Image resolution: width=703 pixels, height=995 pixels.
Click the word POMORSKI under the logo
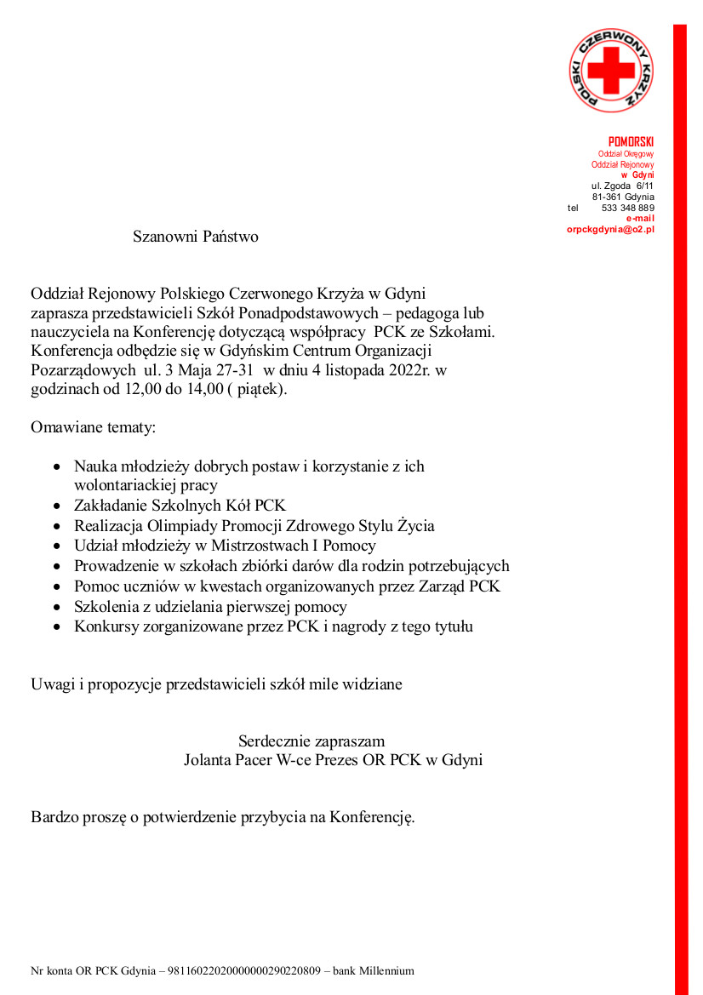pos(631,141)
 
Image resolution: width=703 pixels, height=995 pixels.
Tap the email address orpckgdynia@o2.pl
pos(610,230)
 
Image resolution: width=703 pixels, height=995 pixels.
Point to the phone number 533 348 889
pos(627,208)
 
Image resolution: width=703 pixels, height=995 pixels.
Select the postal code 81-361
pos(607,197)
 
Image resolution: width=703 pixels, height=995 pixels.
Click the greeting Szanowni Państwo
pos(195,237)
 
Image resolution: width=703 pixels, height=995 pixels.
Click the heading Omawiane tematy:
pos(94,427)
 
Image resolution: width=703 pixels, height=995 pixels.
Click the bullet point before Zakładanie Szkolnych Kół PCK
pos(56,506)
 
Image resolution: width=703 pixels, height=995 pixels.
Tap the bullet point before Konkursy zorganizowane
pos(56,627)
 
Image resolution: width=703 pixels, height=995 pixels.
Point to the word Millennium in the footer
pos(386,970)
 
